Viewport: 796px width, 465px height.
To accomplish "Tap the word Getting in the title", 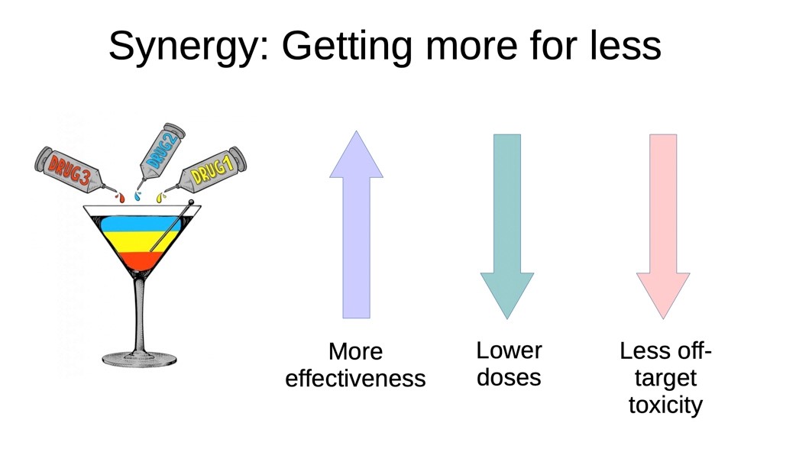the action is point(347,47).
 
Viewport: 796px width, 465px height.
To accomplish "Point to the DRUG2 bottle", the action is point(162,152).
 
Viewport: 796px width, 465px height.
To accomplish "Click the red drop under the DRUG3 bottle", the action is point(121,198).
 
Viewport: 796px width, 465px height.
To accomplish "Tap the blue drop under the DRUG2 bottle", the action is point(138,196).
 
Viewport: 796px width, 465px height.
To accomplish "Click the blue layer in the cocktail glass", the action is point(140,224).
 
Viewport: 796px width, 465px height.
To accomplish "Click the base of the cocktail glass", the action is point(139,359).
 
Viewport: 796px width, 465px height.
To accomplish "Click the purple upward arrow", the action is point(357,224).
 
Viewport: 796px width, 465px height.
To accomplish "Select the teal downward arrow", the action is point(507,227).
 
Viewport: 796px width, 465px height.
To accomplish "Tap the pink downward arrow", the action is point(663,227).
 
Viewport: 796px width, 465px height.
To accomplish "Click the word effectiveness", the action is point(355,378).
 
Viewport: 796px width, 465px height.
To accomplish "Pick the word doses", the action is point(509,377).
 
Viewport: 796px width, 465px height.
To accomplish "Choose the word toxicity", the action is point(665,405).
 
